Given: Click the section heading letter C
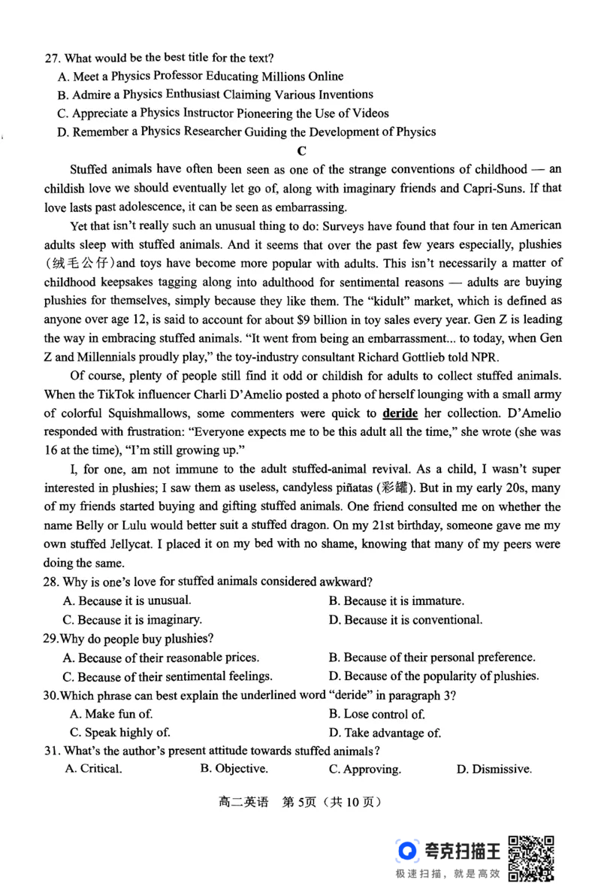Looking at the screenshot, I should point(302,150).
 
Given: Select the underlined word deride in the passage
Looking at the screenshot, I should point(400,413).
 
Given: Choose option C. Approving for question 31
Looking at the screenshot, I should point(364,770).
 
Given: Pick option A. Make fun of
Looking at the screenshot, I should point(110,714).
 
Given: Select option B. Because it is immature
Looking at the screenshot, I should point(396,600).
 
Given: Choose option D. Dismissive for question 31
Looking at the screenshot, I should point(494,770).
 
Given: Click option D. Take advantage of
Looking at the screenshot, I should point(385,733).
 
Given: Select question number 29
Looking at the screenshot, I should point(51,639).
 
